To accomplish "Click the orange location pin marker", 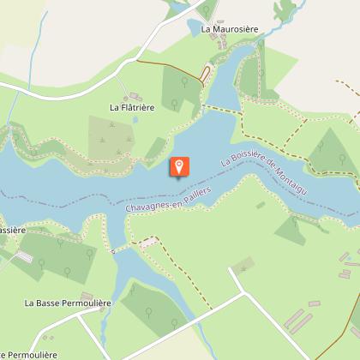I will tap(179, 166).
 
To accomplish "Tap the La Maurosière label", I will tap(229, 28).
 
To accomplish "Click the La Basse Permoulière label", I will tap(63, 303).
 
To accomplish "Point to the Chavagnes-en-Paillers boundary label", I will tap(168, 198).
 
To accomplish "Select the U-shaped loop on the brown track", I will tap(206, 73).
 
